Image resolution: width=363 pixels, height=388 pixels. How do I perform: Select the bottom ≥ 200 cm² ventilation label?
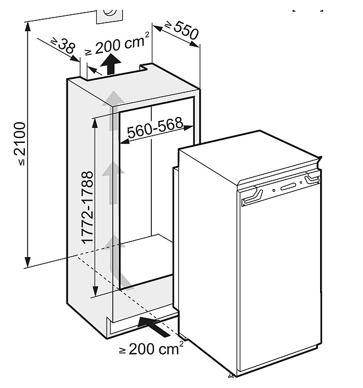coord(149,348)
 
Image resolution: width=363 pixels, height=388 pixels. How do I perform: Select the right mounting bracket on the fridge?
coord(313,179)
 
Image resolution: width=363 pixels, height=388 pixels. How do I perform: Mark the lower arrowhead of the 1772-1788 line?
coord(95,293)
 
